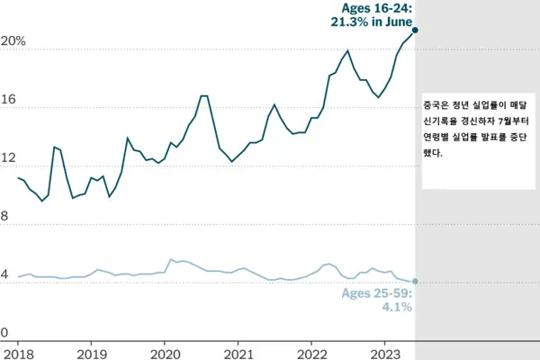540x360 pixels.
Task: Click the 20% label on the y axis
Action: coord(13,43)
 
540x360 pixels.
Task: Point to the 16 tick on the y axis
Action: coord(8,103)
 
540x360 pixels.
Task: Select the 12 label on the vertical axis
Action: coord(8,160)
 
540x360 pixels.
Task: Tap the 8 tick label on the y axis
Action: coord(5,217)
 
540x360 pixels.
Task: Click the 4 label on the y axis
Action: coord(5,275)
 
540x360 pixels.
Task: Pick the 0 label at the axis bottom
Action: coord(5,333)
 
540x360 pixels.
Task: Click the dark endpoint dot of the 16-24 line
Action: coord(415,30)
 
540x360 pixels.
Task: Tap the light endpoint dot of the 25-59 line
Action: coord(415,282)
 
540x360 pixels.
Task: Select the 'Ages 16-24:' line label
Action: coord(377,8)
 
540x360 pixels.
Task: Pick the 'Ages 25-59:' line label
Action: coord(377,292)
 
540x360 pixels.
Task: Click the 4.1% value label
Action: coord(397,307)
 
